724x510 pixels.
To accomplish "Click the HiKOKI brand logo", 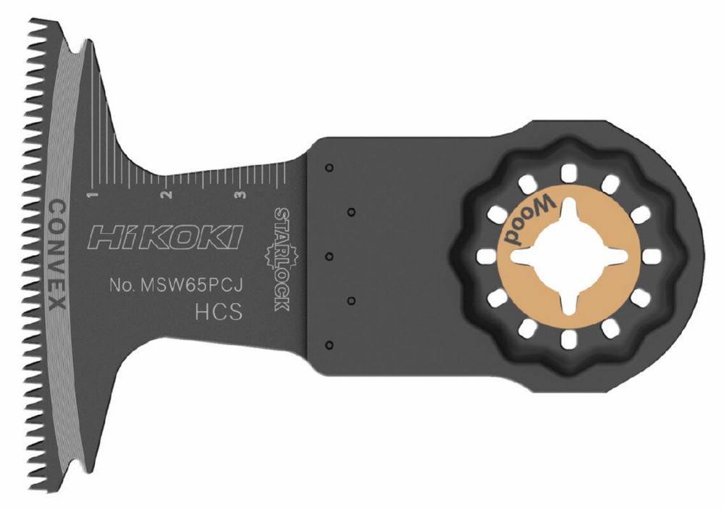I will click(x=165, y=237).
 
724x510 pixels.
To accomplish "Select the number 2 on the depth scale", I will click(x=166, y=195).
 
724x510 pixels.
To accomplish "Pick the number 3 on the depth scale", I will click(x=240, y=195).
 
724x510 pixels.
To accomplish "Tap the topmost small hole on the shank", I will click(x=329, y=168).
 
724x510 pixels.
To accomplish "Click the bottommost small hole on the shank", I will click(x=329, y=345).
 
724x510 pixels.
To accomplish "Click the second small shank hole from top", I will click(x=352, y=212).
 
